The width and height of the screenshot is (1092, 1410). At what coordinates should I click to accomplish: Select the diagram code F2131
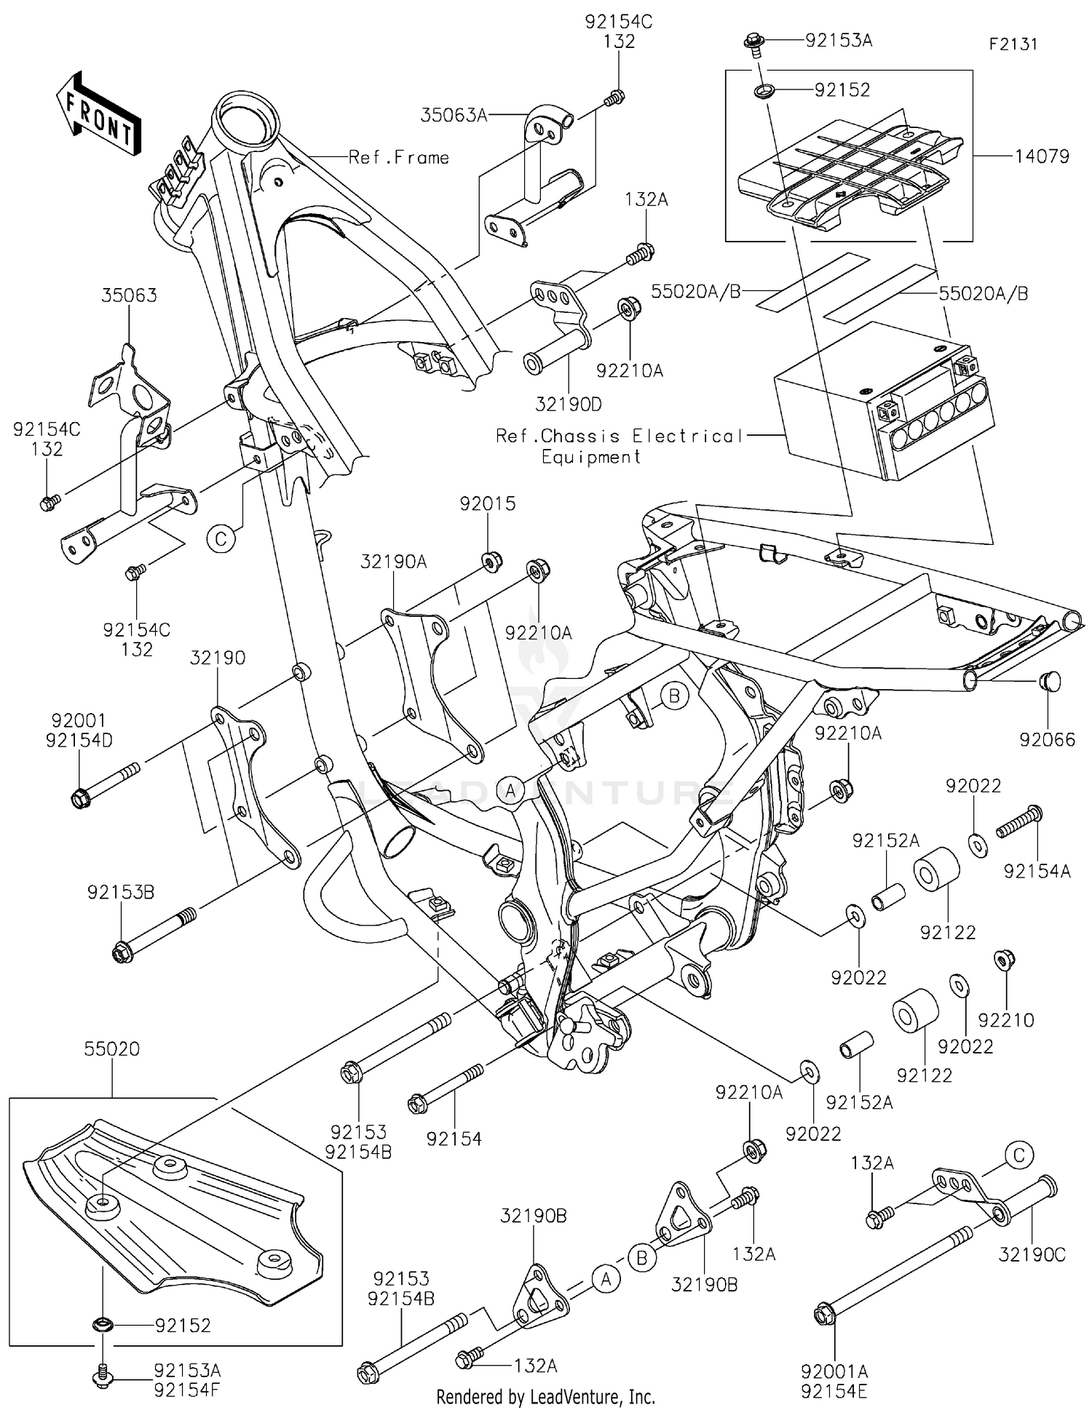tap(1013, 44)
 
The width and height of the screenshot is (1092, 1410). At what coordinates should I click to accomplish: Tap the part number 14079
tap(1042, 156)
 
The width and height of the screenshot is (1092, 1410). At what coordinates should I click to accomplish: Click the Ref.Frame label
tap(399, 157)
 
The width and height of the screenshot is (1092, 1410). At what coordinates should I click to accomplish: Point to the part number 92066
tap(1047, 740)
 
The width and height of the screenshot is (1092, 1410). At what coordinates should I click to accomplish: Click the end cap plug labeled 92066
tap(1049, 682)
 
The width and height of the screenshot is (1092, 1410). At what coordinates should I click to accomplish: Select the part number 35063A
tap(454, 115)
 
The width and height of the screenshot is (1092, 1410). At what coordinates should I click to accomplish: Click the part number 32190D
tap(569, 404)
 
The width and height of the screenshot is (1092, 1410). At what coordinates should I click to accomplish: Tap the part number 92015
tap(487, 503)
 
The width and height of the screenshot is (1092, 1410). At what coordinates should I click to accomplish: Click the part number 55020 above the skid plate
tap(111, 1048)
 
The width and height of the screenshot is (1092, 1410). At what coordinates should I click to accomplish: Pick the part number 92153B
tap(121, 892)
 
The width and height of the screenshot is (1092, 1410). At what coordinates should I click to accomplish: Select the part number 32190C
tap(1032, 1254)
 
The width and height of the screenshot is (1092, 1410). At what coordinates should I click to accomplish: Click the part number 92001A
tap(834, 1371)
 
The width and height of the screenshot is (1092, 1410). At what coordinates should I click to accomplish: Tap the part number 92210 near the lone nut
tap(1006, 1020)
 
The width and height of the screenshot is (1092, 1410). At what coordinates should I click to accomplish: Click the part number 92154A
tap(1037, 871)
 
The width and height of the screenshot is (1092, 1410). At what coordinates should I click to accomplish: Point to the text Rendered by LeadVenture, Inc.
tap(545, 1397)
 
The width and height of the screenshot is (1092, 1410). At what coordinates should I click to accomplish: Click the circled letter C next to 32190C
tap(1018, 1155)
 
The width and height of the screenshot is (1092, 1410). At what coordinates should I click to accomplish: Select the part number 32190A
tap(393, 561)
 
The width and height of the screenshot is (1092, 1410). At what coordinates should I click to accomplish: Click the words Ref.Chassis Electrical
tap(619, 436)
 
